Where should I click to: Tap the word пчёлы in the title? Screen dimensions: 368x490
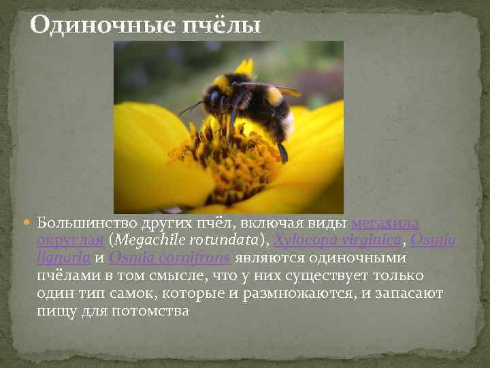point(220,26)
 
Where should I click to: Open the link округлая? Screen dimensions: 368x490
point(70,241)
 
